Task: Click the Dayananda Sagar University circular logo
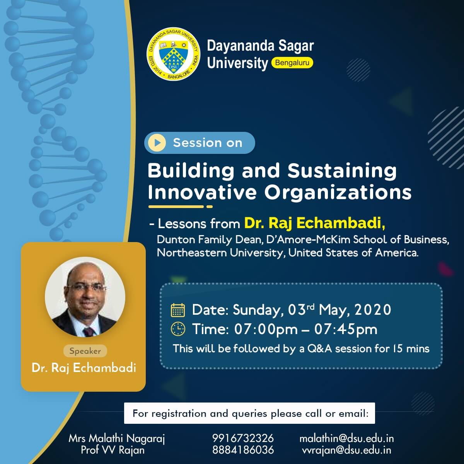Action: point(173,54)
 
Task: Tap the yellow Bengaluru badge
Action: point(292,63)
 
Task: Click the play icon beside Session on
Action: point(157,143)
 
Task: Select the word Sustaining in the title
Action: point(342,171)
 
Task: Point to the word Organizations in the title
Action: point(338,193)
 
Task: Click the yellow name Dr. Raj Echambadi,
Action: point(315,223)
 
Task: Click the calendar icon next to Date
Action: point(178,310)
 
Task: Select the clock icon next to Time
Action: point(178,329)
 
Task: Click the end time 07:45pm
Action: point(346,329)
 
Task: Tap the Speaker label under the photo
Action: point(85,351)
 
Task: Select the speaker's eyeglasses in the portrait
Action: point(86,288)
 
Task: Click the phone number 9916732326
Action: point(243,438)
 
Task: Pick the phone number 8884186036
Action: point(243,450)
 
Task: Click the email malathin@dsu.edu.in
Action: point(347,438)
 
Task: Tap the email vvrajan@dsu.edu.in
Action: point(346,450)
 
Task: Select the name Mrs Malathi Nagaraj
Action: point(116,439)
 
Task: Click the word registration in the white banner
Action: point(179,414)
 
